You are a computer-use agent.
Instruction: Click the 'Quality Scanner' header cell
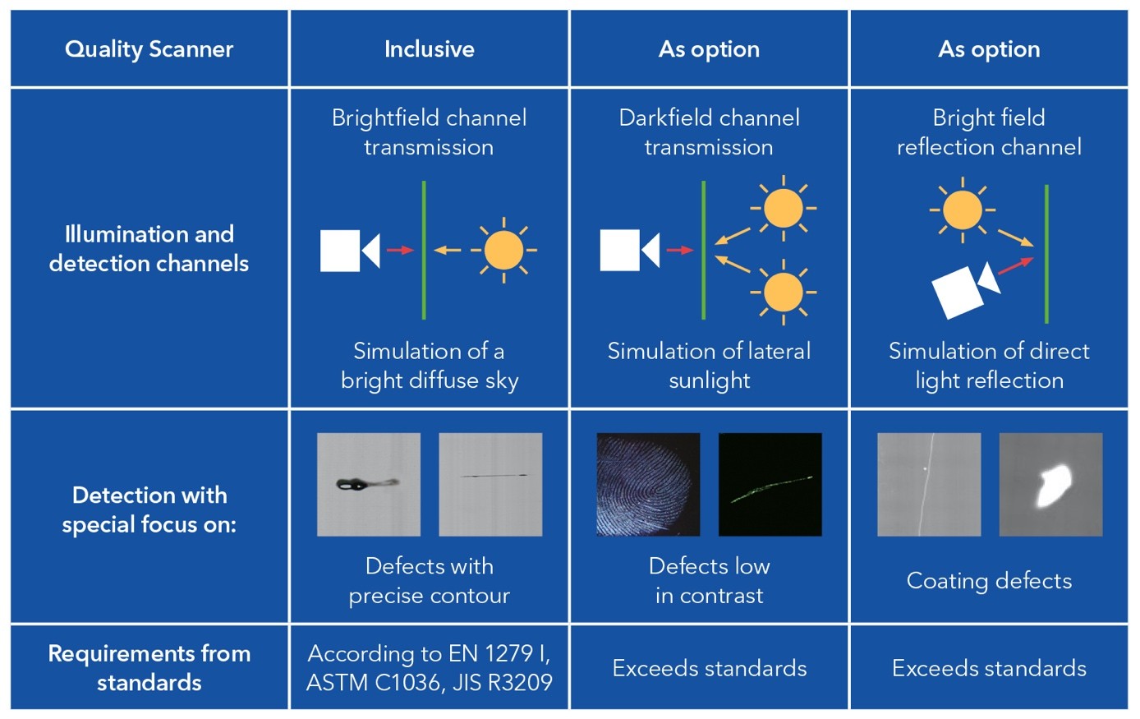coord(149,49)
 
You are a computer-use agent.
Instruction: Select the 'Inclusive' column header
coord(429,49)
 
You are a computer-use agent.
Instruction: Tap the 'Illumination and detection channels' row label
coord(149,248)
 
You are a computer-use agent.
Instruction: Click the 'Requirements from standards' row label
coord(149,667)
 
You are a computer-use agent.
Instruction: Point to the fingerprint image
coord(648,485)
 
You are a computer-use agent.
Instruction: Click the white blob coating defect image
coord(1050,485)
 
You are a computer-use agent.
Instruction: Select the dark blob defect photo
coord(369,485)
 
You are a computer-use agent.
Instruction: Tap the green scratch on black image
coord(770,485)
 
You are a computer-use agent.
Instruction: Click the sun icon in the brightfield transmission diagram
coord(503,250)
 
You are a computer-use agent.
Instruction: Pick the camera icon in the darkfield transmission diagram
coord(629,250)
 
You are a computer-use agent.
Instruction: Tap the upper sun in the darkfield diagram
coord(783,208)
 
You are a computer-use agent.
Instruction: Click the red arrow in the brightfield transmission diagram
coord(400,250)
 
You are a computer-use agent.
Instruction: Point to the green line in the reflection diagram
coord(1046,254)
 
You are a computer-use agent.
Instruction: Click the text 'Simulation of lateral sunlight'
coord(709,366)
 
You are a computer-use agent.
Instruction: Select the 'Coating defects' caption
coord(989,581)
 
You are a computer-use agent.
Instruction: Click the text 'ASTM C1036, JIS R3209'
coord(429,682)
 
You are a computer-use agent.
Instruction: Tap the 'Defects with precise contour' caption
coord(429,580)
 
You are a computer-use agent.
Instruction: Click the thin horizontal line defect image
coord(490,485)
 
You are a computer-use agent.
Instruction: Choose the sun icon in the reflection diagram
coord(962,210)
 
